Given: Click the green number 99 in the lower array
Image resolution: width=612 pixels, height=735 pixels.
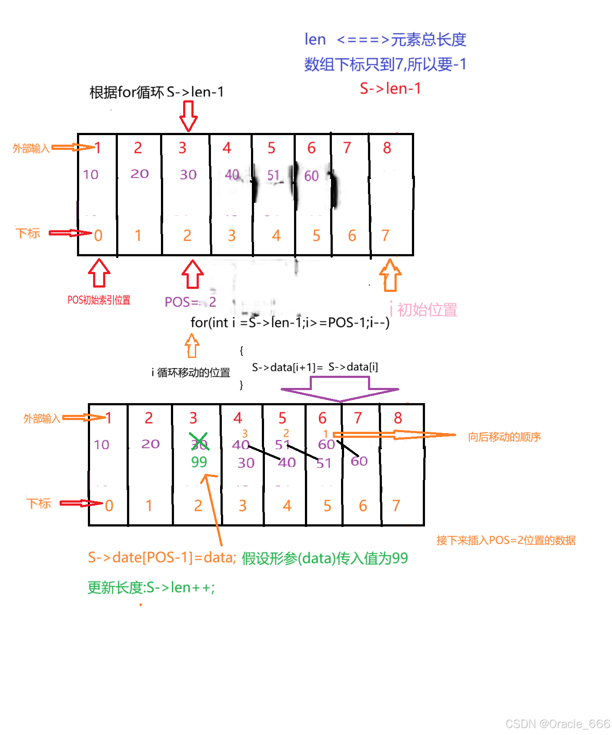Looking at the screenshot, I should pyautogui.click(x=199, y=462).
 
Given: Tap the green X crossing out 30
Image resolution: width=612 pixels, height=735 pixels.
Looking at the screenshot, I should pyautogui.click(x=198, y=441).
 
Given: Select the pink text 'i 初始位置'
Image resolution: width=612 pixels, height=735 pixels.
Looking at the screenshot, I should pyautogui.click(x=424, y=310).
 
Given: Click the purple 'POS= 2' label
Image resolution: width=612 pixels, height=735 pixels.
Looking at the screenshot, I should pyautogui.click(x=190, y=302).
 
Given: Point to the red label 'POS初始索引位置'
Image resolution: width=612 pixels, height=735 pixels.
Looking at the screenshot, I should pyautogui.click(x=99, y=300).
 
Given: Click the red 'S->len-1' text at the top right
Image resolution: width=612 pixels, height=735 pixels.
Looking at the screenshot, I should pyautogui.click(x=390, y=89).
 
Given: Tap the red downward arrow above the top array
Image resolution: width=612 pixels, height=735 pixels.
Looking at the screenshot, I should pyautogui.click(x=188, y=116).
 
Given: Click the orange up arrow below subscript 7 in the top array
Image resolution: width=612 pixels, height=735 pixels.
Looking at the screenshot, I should pyautogui.click(x=390, y=275).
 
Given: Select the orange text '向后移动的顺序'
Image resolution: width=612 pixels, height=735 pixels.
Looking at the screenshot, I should pyautogui.click(x=504, y=437).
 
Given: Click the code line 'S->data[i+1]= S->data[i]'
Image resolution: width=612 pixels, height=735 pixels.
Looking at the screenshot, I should pyautogui.click(x=315, y=367).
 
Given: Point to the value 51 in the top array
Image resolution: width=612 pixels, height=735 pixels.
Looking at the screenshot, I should pyautogui.click(x=273, y=175).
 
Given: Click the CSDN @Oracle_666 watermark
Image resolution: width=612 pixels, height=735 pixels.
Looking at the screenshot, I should pyautogui.click(x=558, y=724).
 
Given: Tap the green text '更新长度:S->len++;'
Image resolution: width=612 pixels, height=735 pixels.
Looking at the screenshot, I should pyautogui.click(x=151, y=588).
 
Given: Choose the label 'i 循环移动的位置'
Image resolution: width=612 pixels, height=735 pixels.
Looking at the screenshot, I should pyautogui.click(x=191, y=373).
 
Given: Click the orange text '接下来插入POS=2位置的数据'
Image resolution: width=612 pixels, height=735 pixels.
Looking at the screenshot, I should pyautogui.click(x=506, y=540).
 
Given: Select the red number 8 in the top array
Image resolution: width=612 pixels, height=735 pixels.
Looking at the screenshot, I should pyautogui.click(x=387, y=148).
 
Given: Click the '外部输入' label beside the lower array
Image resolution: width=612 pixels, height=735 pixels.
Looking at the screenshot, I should pyautogui.click(x=42, y=419).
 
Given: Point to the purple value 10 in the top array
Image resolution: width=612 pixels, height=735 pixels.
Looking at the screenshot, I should pyautogui.click(x=91, y=175).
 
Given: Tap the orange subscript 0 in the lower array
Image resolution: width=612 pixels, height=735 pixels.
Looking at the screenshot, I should pyautogui.click(x=109, y=506).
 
